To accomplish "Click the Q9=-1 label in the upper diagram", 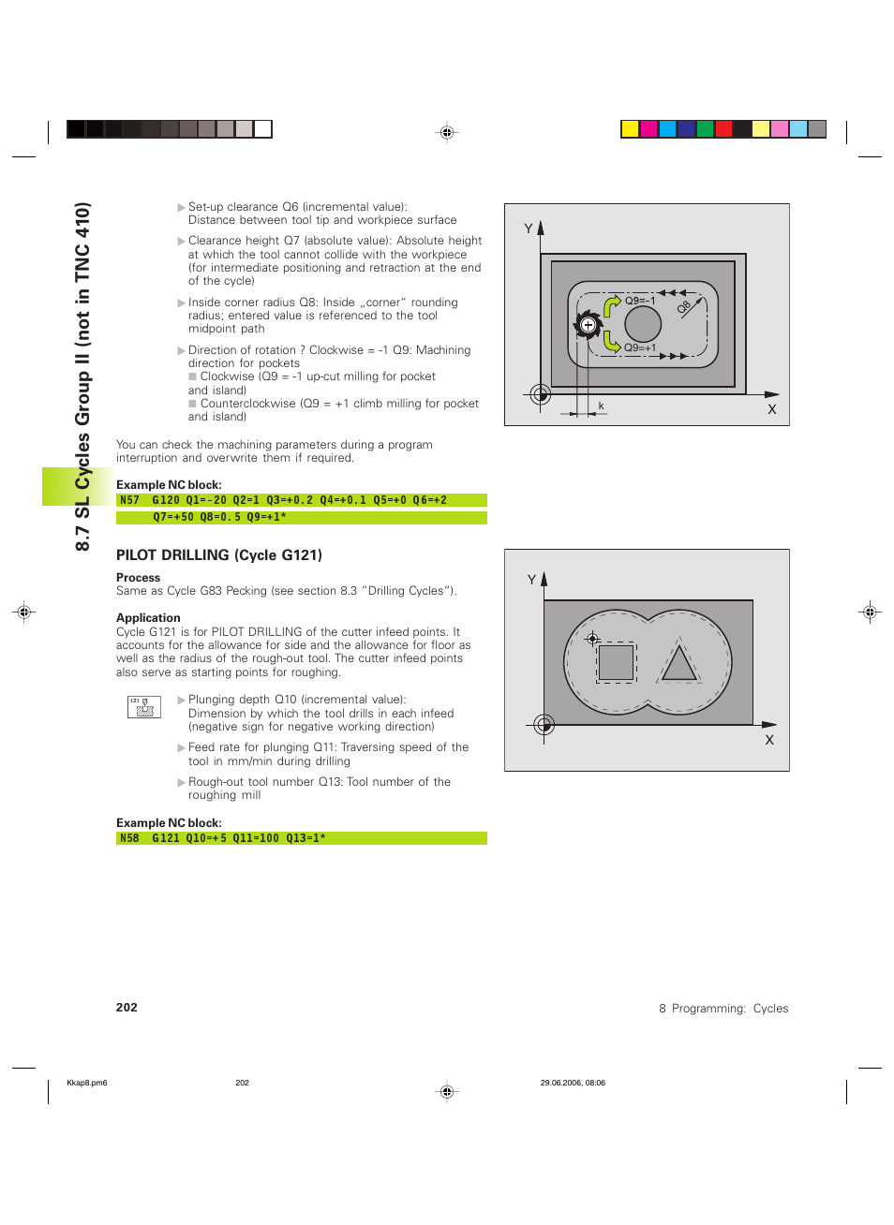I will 640,301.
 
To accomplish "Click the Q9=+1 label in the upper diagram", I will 640,347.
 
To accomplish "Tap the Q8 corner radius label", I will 684,306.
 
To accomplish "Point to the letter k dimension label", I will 601,406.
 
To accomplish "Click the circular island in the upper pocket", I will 643,324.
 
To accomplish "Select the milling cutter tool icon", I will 588,326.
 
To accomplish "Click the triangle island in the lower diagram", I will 679,664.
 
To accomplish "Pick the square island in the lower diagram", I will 616,662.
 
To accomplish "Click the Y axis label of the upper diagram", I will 529,229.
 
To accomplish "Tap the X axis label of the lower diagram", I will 769,740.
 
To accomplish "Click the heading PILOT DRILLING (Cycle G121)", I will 219,555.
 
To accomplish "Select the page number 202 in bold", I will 127,1008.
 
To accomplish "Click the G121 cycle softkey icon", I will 144,707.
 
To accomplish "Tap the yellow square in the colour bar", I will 630,129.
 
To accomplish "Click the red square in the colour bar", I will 723,129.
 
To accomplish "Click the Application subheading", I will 148,618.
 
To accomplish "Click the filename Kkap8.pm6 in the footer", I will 87,1083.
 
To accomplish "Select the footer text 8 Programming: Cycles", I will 723,1009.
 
